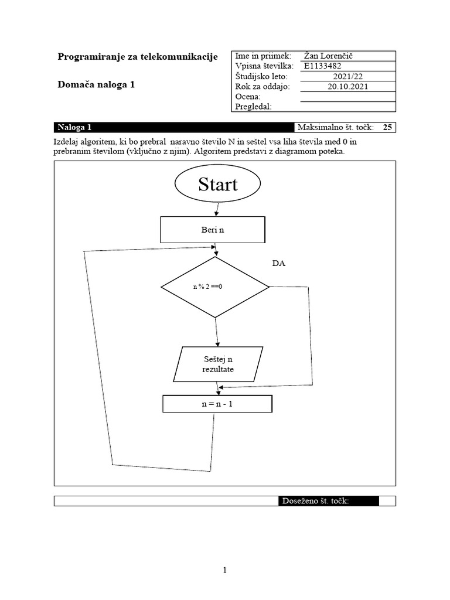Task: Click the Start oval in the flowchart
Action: tap(217, 184)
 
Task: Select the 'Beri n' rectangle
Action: tap(212, 230)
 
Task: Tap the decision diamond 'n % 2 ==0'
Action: tap(214, 287)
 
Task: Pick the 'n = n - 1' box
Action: tap(217, 404)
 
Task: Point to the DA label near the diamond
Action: tap(279, 264)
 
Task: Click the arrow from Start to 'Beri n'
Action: tap(217, 209)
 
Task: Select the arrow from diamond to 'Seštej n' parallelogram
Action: tap(217, 332)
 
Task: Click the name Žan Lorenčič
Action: tap(329, 56)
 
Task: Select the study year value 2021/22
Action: tap(347, 76)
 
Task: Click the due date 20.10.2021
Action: tap(347, 86)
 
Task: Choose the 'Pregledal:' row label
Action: tap(253, 106)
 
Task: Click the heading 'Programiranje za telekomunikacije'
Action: tap(138, 56)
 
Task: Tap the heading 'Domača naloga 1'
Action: tap(96, 84)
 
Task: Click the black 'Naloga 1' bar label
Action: tap(74, 127)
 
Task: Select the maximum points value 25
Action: tap(387, 127)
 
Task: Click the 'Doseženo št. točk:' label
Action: tap(316, 501)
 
